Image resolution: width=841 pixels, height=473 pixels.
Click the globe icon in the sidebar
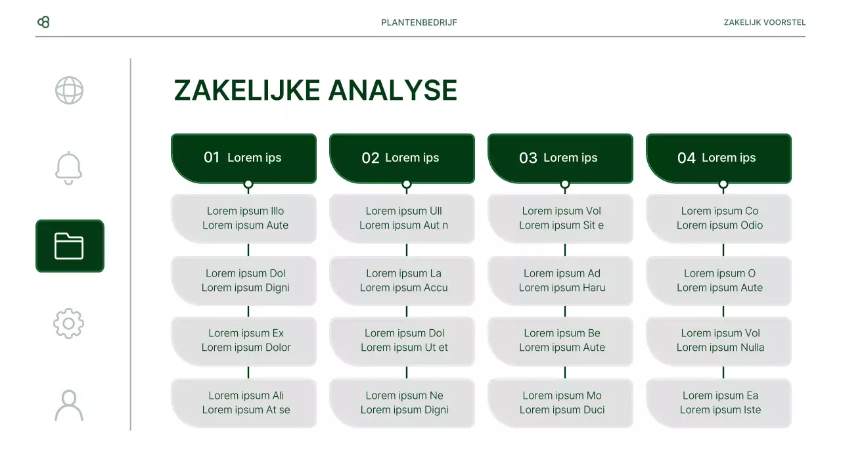coord(69,91)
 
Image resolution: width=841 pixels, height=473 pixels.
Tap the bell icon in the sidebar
coord(69,168)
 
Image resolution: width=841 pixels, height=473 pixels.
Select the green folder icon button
coord(70,246)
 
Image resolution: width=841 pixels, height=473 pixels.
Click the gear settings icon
coord(69,323)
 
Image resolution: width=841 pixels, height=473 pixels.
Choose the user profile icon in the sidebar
coord(69,405)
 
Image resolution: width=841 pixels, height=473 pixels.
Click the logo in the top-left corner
coord(43,22)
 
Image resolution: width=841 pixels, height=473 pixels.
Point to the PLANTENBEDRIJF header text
coord(419,22)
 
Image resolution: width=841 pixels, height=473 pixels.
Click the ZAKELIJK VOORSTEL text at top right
coord(764,22)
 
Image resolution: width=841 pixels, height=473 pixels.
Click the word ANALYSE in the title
coord(392,91)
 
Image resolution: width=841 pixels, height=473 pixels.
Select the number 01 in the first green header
coord(212,158)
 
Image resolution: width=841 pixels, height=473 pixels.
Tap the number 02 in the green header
coord(371,158)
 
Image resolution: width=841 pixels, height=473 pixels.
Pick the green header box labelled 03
coord(560,158)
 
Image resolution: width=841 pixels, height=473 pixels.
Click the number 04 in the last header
coord(687,158)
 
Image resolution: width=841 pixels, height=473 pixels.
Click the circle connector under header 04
coord(723,185)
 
